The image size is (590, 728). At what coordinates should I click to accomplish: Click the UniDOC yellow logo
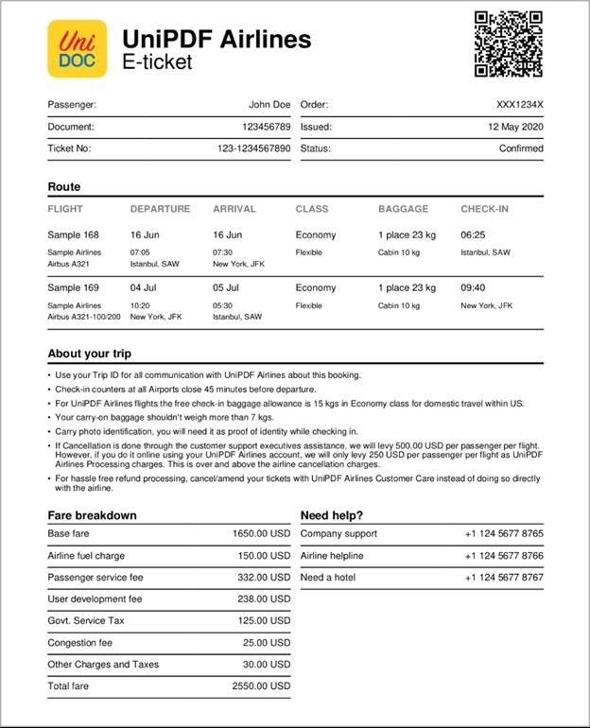coord(78,48)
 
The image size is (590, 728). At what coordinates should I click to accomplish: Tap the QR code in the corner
coord(508,43)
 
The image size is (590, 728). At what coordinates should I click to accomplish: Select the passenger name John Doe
coord(269,105)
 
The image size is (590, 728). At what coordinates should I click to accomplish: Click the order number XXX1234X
coord(520,105)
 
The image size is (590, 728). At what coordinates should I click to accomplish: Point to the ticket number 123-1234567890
coord(253,148)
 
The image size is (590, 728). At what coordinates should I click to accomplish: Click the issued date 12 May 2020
coord(515,127)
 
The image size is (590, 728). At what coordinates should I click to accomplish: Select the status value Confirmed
coord(521,148)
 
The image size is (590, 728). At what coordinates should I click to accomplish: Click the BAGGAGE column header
coord(403,209)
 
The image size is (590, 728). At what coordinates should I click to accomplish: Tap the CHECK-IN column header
coord(484,209)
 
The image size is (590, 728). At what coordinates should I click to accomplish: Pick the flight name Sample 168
coord(73,234)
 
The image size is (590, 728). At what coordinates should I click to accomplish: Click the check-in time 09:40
coord(473,287)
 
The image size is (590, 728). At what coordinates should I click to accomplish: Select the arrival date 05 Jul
coord(227,287)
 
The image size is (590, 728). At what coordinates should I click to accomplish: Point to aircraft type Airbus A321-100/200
coord(84,318)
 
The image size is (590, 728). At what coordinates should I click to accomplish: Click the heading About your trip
coord(90,354)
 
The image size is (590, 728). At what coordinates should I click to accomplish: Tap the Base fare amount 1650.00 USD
coord(261,533)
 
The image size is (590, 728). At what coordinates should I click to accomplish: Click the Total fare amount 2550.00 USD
coord(261,685)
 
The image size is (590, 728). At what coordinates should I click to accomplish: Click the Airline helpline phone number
coord(503,556)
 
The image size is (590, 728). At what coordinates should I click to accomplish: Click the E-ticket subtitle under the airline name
coord(157,62)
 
